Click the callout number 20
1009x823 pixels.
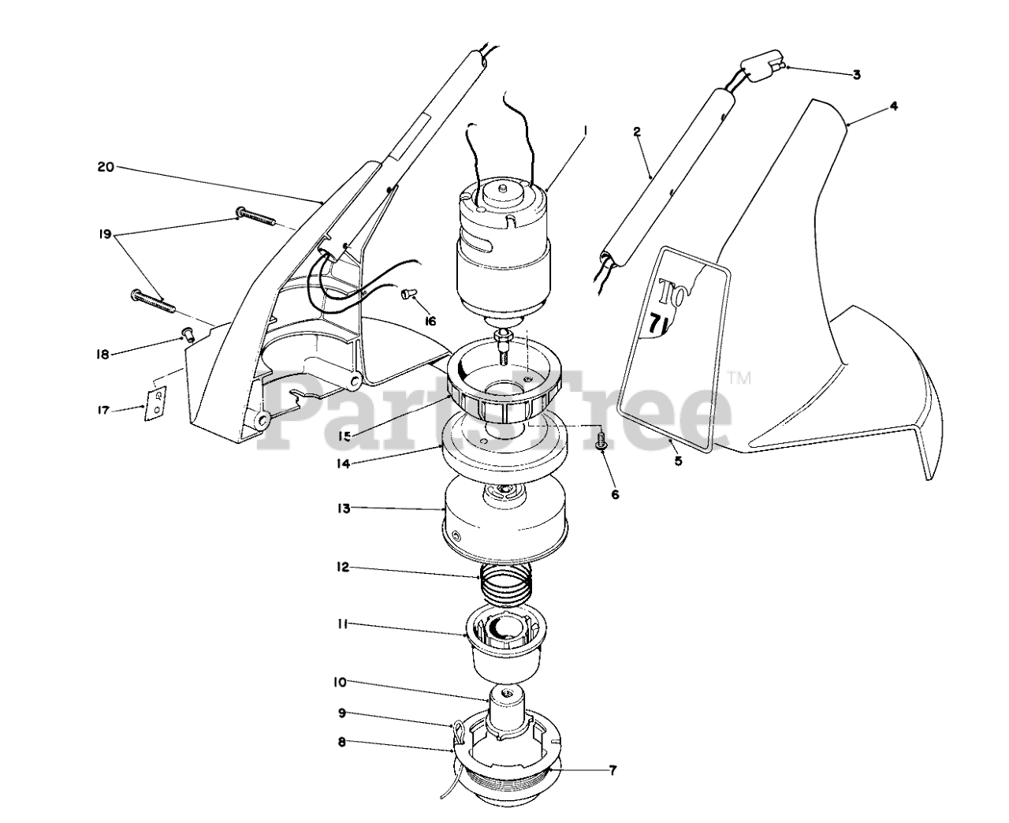pyautogui.click(x=106, y=167)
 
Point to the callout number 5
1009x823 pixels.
pyautogui.click(x=678, y=461)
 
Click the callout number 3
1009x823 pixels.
pyautogui.click(x=856, y=75)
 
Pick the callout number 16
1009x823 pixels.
pyautogui.click(x=430, y=321)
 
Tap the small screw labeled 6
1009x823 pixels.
pyautogui.click(x=601, y=438)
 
